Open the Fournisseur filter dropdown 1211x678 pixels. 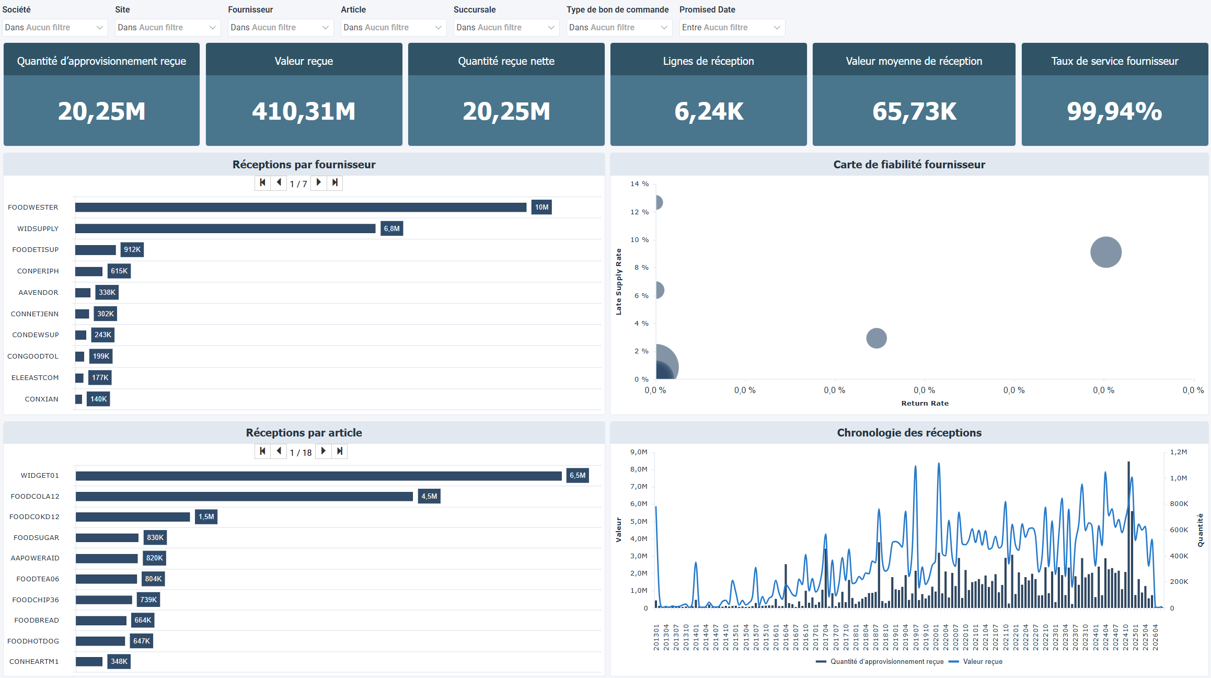(280, 27)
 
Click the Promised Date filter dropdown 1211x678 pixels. (732, 27)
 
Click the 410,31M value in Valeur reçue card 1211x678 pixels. (304, 111)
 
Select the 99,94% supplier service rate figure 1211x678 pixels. (1114, 111)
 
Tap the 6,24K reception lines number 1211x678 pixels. (709, 111)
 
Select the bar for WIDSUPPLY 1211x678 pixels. (225, 228)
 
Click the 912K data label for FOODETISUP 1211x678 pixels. (132, 250)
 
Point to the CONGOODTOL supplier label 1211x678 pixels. (33, 356)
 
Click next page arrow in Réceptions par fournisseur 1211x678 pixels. (319, 182)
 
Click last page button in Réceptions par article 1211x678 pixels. (340, 451)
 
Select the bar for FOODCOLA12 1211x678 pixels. (244, 496)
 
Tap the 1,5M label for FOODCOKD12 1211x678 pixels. (206, 516)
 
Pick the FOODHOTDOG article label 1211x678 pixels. (33, 641)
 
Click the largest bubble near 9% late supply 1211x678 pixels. (1105, 252)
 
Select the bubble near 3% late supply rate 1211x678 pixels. (876, 338)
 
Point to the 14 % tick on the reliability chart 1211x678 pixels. (639, 184)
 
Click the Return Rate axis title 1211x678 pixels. (925, 403)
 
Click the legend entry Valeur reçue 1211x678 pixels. (982, 661)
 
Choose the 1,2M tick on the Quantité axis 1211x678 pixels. (1178, 452)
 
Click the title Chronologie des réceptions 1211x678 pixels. (909, 433)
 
